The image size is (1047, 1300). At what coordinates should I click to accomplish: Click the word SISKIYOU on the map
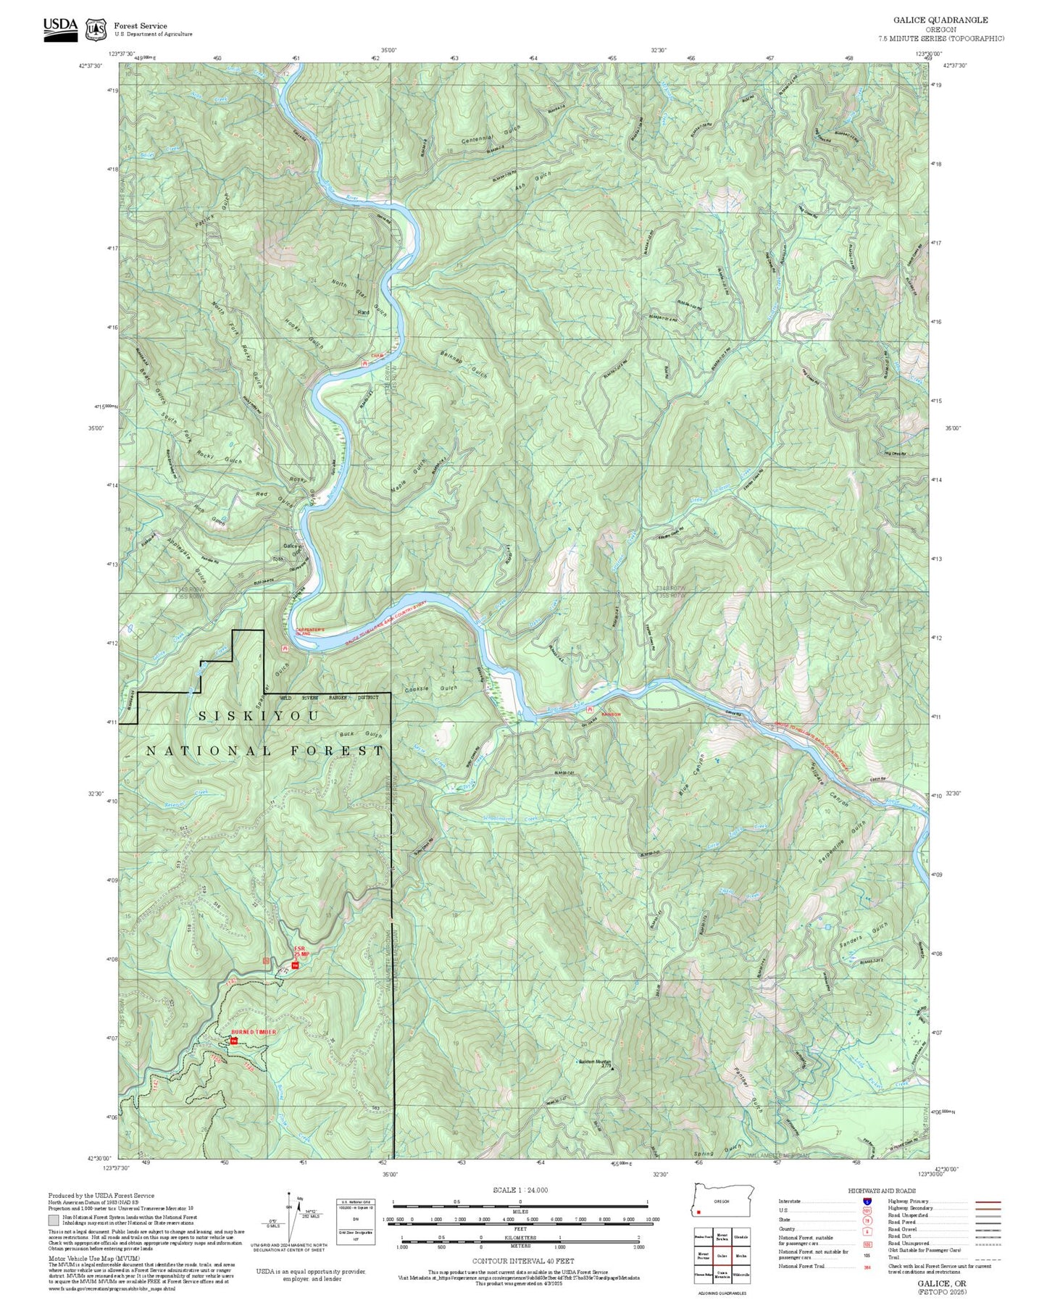[x=259, y=716]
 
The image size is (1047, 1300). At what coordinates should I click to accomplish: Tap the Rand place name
[x=363, y=312]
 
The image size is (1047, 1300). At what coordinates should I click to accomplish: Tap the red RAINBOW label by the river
[x=611, y=710]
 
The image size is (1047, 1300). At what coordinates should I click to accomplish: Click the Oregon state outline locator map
[x=723, y=1201]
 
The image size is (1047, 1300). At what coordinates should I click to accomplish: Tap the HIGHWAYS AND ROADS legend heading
[x=881, y=1191]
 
